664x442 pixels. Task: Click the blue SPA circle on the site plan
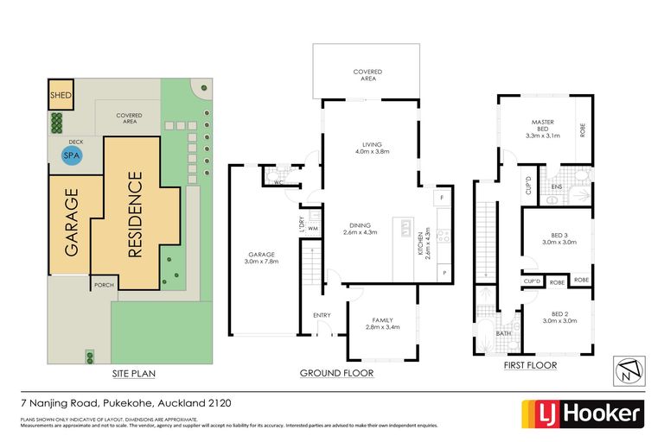click(x=70, y=155)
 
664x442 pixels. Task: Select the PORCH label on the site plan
click(x=105, y=283)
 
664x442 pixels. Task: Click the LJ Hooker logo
click(x=582, y=413)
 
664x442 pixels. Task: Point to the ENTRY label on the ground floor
click(x=322, y=315)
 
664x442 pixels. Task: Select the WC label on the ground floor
click(x=278, y=184)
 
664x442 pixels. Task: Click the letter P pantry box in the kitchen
click(x=444, y=273)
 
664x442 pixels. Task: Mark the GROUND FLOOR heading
click(x=336, y=374)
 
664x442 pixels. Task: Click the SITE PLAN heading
click(x=133, y=374)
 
